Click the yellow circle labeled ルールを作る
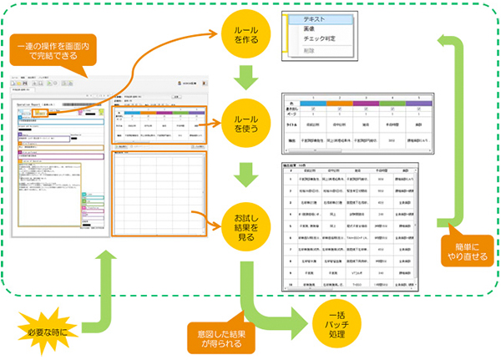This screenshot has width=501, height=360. click(246, 35)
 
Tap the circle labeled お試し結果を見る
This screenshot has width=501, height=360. click(246, 221)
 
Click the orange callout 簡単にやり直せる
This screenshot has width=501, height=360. click(464, 252)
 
